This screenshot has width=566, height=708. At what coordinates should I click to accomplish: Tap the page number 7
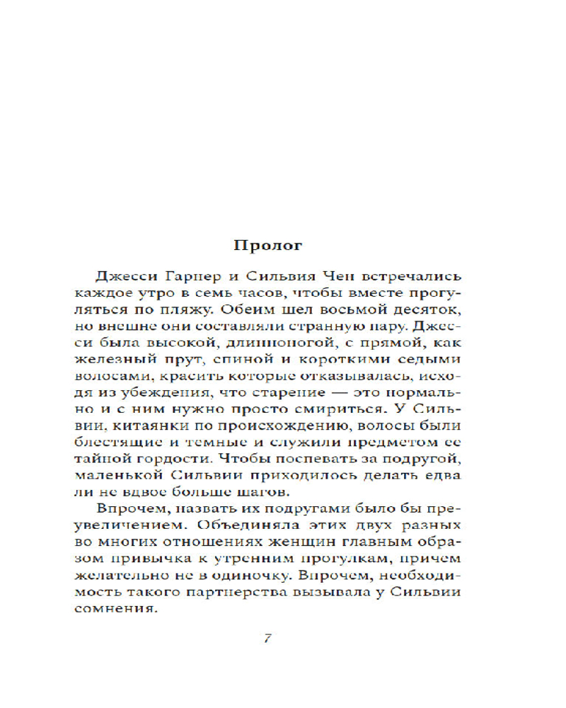(x=267, y=636)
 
